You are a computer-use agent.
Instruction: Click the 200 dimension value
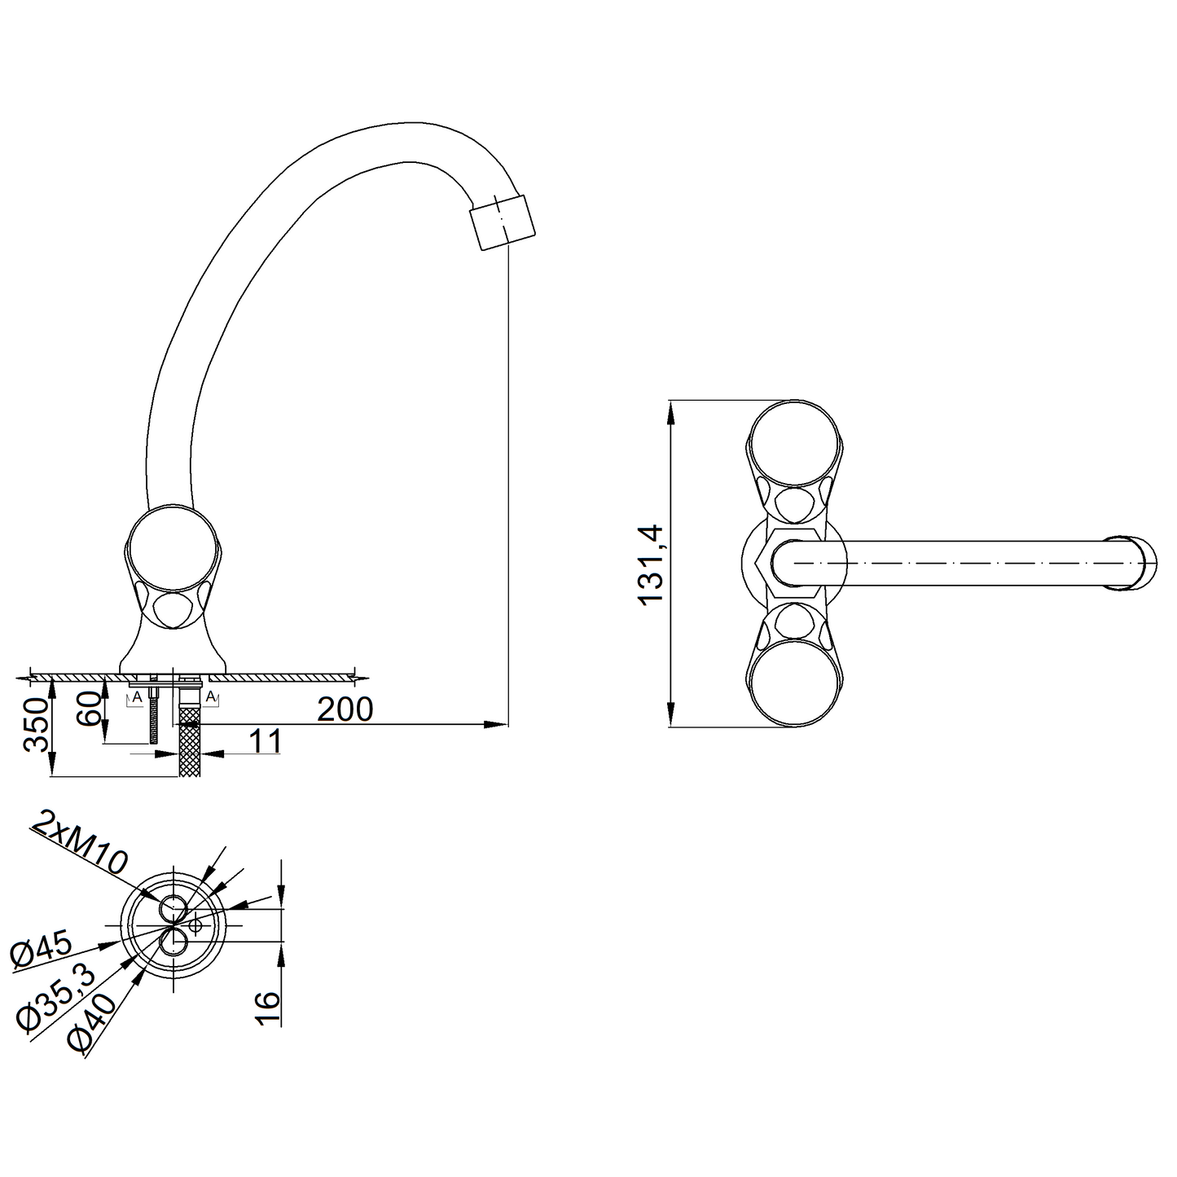[345, 709]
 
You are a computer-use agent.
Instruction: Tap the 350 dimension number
[35, 725]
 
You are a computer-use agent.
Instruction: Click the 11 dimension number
[265, 741]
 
